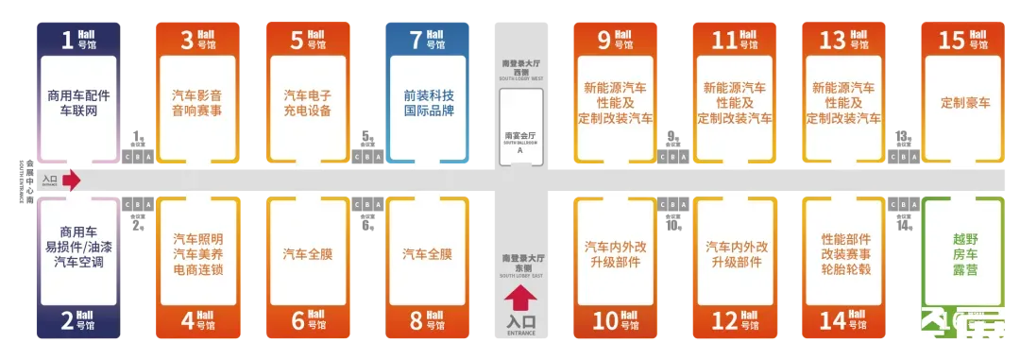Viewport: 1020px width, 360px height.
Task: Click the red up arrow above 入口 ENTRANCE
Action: (x=520, y=300)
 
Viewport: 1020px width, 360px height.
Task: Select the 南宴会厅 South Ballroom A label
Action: (x=520, y=143)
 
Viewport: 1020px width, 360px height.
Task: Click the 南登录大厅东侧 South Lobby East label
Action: (x=520, y=262)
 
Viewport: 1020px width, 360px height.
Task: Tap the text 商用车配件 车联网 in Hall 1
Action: (x=78, y=103)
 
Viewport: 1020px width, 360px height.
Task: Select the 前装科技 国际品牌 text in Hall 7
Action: (x=428, y=103)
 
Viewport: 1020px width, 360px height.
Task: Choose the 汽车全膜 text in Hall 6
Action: (x=308, y=253)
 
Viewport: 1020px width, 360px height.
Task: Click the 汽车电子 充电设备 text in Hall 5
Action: (x=308, y=103)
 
